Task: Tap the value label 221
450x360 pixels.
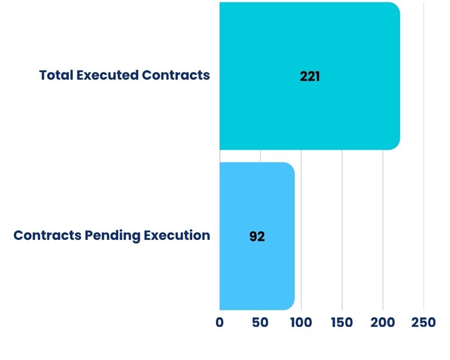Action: coord(310,77)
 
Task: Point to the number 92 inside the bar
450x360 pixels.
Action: coord(257,236)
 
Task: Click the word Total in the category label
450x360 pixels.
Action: coord(56,76)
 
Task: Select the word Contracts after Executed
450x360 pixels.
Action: coord(176,76)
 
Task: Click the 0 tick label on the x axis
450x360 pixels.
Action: coord(220,323)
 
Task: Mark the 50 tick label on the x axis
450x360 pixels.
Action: coord(260,323)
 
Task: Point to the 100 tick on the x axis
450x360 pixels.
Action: coord(301,323)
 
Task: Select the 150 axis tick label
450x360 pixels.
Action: coord(341,323)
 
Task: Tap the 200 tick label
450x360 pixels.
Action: coord(383,323)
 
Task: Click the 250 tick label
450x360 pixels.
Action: coord(424,323)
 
